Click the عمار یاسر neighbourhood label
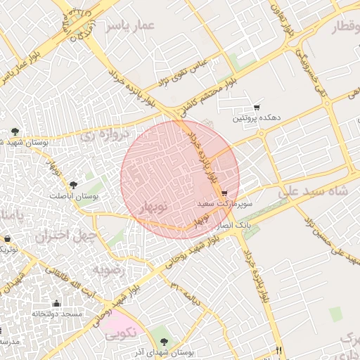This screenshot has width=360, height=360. click(130, 26)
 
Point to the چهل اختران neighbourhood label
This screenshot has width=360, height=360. click(64, 237)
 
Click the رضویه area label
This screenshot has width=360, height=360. click(108, 269)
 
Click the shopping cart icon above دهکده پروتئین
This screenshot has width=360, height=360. click(257, 108)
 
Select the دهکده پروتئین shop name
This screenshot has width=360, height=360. click(257, 119)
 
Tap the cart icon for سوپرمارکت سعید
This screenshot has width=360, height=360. click(224, 193)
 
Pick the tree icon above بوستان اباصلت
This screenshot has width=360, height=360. click(74, 184)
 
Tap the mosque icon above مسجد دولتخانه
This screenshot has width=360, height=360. click(56, 303)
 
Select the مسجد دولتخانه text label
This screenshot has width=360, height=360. click(56, 314)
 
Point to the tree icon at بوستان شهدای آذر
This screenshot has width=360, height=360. click(174, 341)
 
